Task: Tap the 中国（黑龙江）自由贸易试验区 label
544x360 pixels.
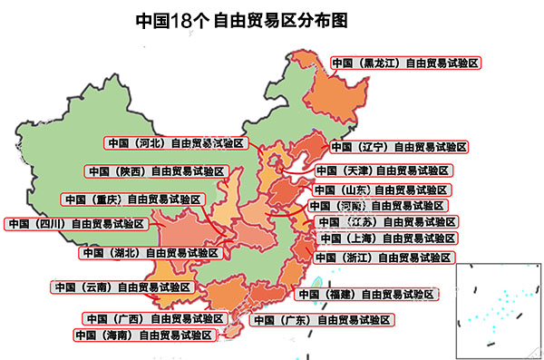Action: [x=404, y=63]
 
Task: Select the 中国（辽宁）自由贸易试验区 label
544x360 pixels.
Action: [x=398, y=146]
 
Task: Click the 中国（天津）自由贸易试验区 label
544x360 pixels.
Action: [x=383, y=170]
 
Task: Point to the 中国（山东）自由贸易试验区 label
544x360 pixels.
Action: [x=380, y=190]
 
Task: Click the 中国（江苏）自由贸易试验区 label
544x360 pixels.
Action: [x=385, y=221]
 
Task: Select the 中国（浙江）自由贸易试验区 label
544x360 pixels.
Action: [x=383, y=258]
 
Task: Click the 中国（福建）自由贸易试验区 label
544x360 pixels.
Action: [x=366, y=294]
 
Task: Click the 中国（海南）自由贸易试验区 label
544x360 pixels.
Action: [x=145, y=335]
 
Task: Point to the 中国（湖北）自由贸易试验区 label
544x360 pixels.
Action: [x=150, y=252]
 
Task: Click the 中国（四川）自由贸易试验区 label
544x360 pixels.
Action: [x=75, y=223]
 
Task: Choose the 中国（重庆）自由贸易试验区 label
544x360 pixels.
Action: [x=132, y=199]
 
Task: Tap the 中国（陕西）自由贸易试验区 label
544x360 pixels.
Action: [x=154, y=170]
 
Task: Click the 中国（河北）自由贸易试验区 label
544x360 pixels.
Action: [x=175, y=142]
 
